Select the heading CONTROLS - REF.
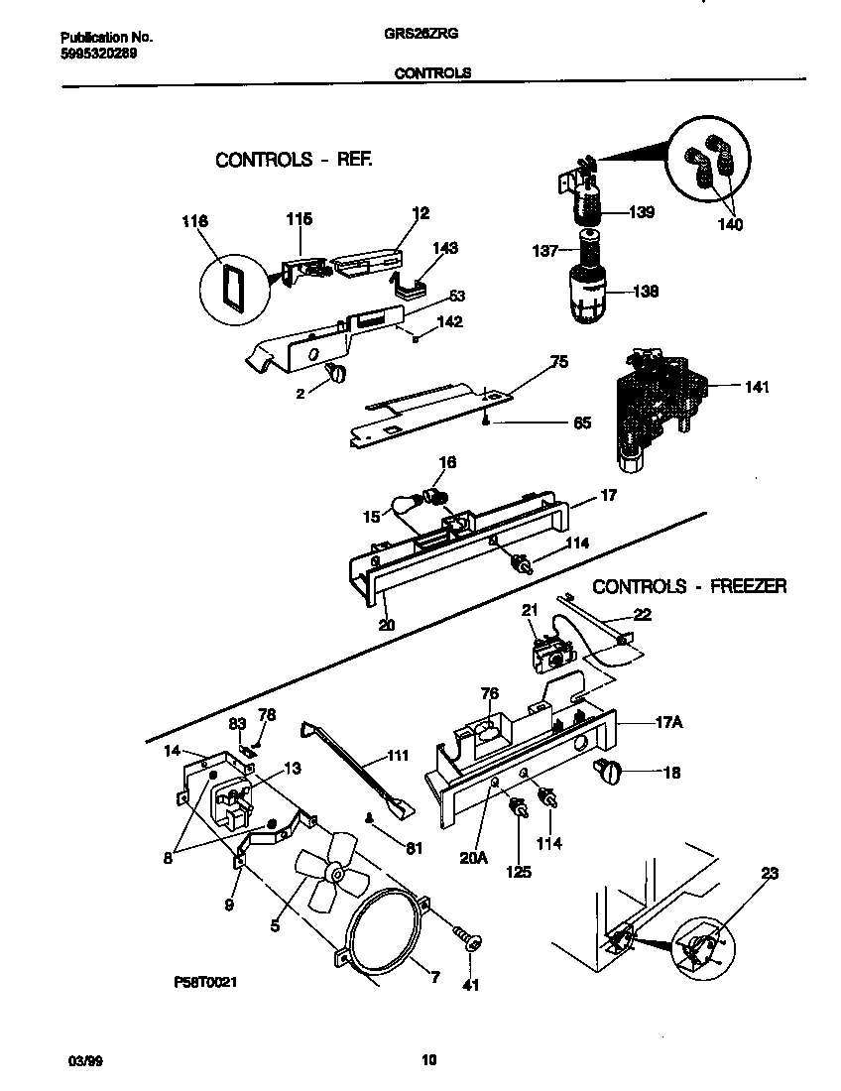click(294, 160)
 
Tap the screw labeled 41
click(466, 936)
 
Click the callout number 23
click(769, 874)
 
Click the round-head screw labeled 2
click(334, 373)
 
